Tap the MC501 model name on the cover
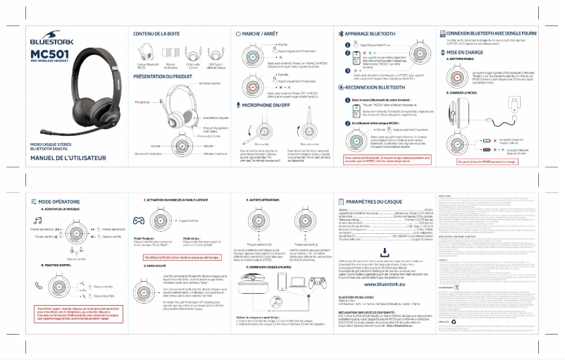49,54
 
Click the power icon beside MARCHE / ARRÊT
237,34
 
